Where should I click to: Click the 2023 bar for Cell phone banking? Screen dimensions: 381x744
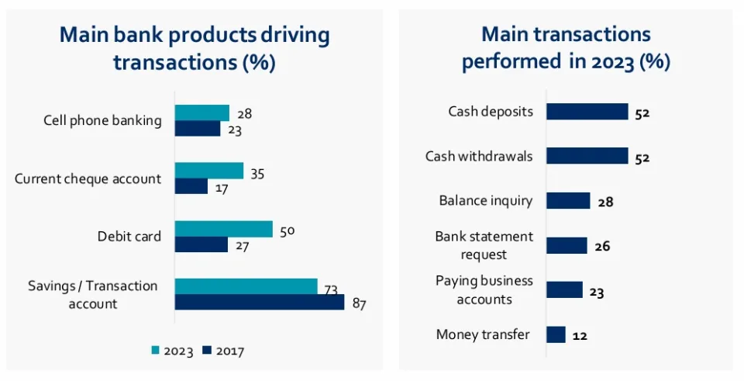(201, 113)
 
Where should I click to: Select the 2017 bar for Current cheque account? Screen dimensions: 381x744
(191, 187)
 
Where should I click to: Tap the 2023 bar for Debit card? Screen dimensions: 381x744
(223, 229)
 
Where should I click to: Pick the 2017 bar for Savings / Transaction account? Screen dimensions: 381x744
(259, 302)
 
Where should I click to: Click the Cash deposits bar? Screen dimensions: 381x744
(587, 112)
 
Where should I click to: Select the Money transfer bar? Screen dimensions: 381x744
(556, 334)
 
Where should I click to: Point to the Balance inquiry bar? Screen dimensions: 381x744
(568, 201)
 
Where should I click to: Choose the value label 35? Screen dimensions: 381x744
(257, 174)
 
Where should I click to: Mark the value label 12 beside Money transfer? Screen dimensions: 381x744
(580, 336)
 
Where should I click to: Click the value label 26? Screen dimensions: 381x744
(602, 247)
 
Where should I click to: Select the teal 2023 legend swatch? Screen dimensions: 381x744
(155, 351)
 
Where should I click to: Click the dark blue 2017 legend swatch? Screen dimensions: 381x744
(207, 351)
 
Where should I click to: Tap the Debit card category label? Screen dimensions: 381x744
(129, 237)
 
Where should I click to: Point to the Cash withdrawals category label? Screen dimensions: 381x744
(479, 156)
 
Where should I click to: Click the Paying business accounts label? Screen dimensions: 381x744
(484, 289)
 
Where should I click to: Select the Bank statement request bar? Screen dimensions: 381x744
(567, 245)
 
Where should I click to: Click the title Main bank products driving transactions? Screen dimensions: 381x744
(195, 48)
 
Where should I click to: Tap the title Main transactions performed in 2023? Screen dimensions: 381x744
(566, 48)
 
